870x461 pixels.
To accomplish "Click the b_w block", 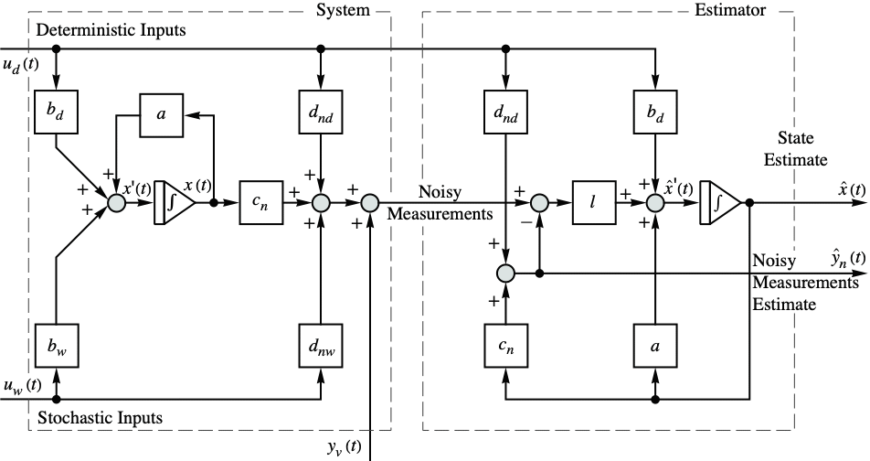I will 57,348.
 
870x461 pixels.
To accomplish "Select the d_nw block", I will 320,348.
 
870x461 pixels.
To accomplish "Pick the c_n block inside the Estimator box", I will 505,348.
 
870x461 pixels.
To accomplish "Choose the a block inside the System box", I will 162,114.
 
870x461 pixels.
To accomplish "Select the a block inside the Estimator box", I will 655,348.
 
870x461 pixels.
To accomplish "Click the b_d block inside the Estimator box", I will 655,114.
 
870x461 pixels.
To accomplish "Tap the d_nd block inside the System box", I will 320,114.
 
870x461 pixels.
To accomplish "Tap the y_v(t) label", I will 344,447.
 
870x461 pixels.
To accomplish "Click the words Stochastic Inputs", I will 101,418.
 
